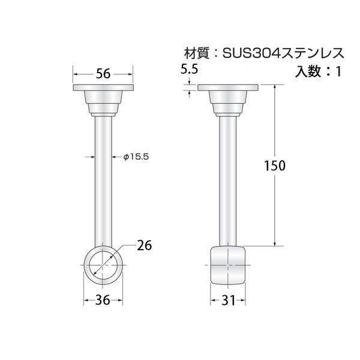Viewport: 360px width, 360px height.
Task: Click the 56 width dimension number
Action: (x=103, y=74)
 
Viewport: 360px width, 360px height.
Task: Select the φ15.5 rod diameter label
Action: (x=136, y=157)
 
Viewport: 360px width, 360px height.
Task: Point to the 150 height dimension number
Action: (x=275, y=166)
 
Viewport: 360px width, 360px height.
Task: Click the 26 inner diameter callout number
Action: (x=145, y=245)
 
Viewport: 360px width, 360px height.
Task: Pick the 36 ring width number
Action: (x=103, y=300)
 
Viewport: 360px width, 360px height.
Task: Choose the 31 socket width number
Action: (x=229, y=300)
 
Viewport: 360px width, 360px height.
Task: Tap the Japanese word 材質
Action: (x=197, y=53)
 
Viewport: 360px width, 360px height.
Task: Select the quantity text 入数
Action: (x=307, y=71)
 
